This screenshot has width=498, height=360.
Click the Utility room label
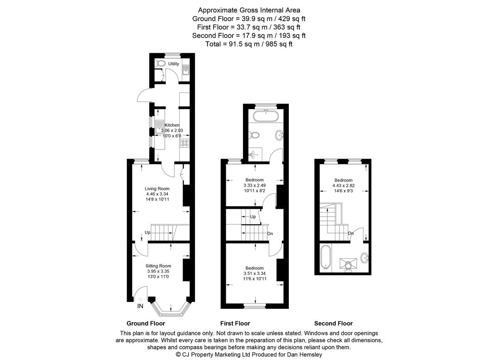point(173,64)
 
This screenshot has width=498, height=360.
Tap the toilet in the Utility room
point(160,64)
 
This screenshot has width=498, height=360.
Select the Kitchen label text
point(172,125)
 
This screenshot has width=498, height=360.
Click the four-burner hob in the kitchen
point(185,143)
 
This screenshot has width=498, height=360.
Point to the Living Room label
point(157,189)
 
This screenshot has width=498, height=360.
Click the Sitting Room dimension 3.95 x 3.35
point(158,271)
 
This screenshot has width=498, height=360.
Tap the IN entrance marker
point(140,306)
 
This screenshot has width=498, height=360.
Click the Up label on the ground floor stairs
point(147,233)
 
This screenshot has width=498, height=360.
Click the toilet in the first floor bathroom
point(254,135)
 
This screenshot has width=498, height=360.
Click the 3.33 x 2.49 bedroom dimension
point(254,185)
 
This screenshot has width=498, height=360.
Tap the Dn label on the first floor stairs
point(270,233)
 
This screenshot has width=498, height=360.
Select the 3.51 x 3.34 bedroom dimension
point(254,273)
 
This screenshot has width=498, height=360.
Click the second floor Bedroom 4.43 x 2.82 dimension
point(343,186)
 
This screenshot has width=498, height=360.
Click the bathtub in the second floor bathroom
point(325,257)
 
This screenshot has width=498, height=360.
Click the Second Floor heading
point(333,323)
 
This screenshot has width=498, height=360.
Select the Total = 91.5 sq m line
point(249,44)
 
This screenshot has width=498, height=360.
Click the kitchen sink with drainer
point(160,126)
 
